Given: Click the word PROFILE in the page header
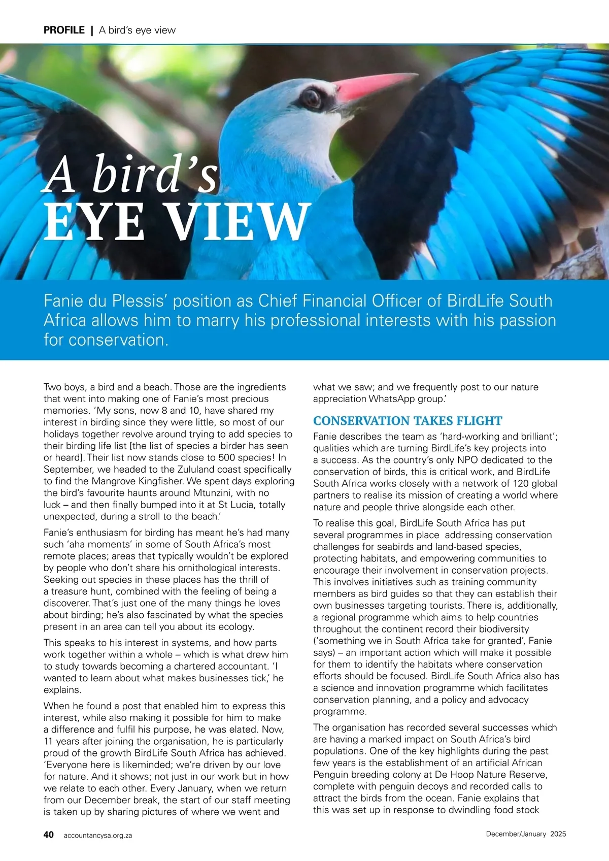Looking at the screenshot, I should [x=64, y=30].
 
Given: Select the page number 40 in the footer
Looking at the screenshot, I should [x=49, y=834].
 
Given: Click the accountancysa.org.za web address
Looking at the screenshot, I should [x=98, y=835].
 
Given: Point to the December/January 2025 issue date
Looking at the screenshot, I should [x=525, y=834].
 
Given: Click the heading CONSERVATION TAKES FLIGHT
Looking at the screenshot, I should [x=408, y=421].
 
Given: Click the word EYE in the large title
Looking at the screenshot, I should [x=94, y=222].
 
